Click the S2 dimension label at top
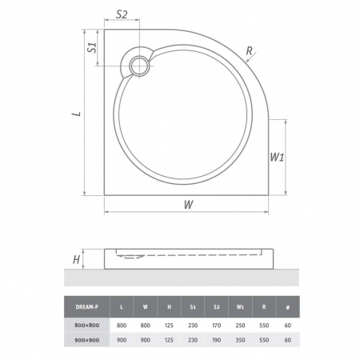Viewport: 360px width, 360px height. click(x=122, y=14)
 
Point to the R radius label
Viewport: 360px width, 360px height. click(x=249, y=50)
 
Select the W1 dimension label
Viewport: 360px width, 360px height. click(x=277, y=158)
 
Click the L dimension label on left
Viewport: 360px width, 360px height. click(x=77, y=114)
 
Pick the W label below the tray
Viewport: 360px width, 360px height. click(x=189, y=205)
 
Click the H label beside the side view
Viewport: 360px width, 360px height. click(x=77, y=259)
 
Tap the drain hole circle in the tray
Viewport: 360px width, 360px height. click(x=139, y=66)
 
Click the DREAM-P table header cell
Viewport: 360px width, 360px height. click(x=87, y=307)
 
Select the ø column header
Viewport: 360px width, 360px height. click(x=287, y=307)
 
